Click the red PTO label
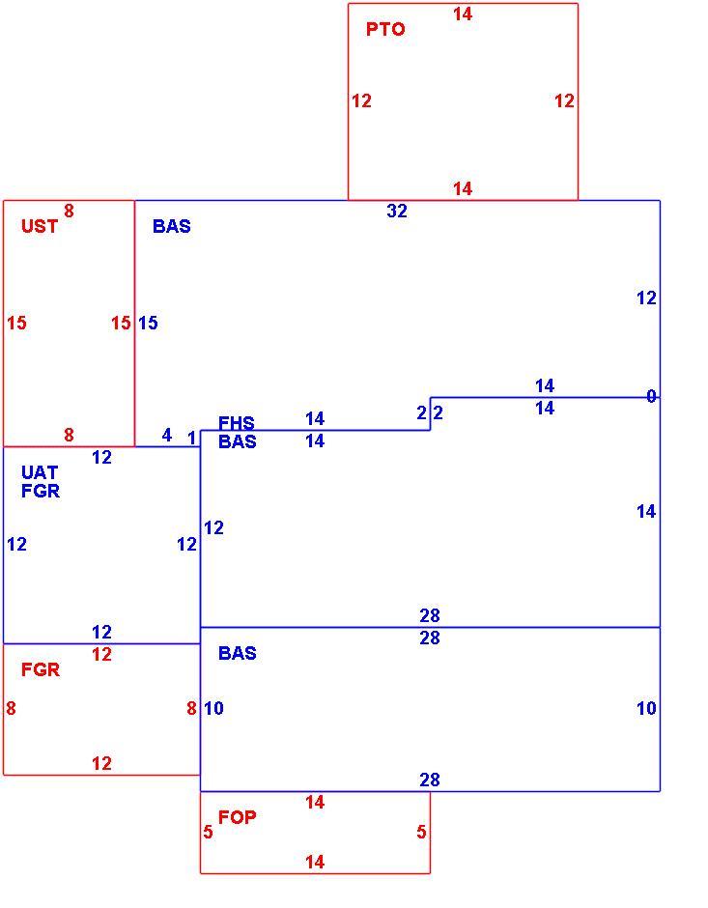[385, 29]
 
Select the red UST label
[40, 226]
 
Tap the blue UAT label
[40, 472]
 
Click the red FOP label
[237, 817]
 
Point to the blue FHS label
[237, 423]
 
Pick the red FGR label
[40, 669]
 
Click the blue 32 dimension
[397, 211]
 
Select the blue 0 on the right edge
[651, 396]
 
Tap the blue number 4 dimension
[167, 435]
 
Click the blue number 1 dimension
[191, 439]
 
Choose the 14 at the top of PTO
[463, 14]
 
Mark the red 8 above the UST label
[69, 211]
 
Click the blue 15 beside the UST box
[148, 323]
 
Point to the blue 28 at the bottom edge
[430, 780]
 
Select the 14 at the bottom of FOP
[315, 862]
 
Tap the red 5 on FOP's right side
[421, 832]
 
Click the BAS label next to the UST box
[171, 226]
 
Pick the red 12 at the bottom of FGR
[101, 763]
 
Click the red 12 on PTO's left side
[361, 100]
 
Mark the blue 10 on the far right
[646, 708]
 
